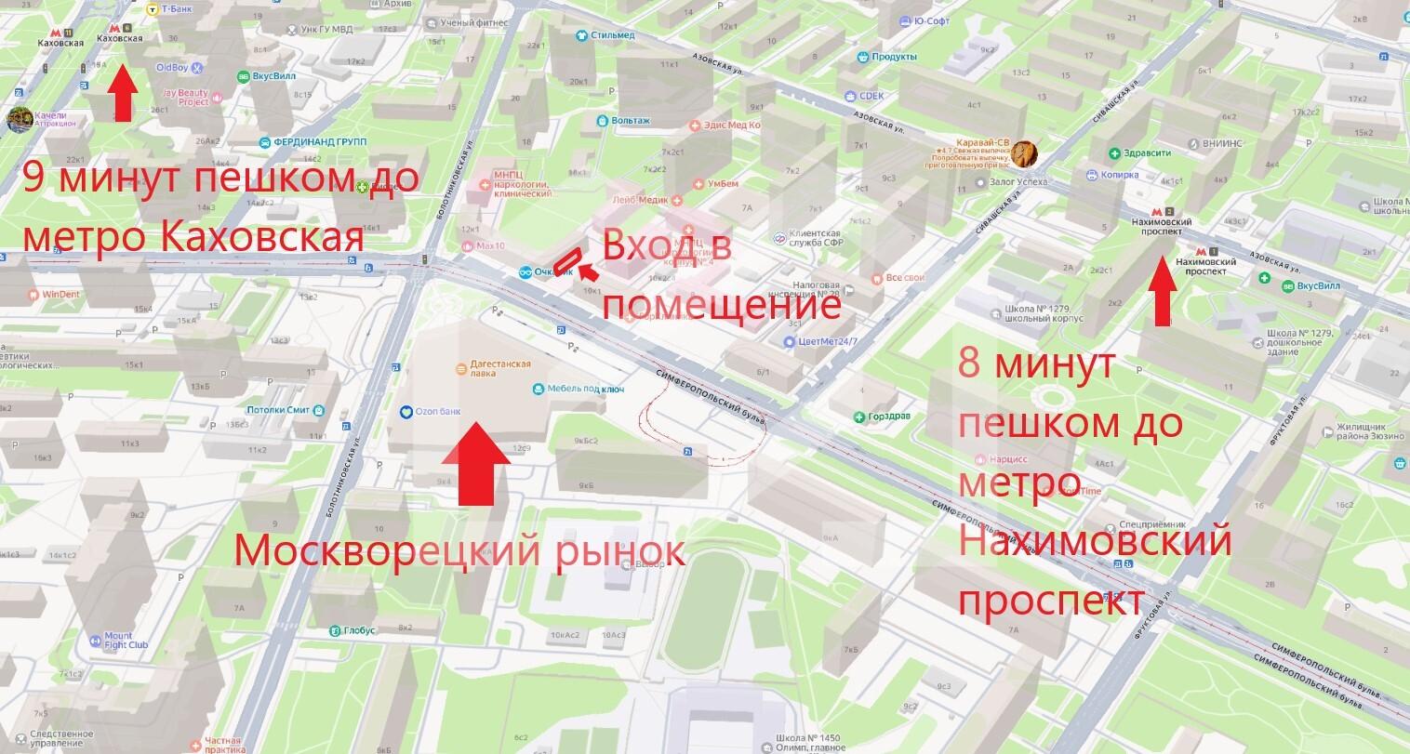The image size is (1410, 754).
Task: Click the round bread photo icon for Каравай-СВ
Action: (1023, 152)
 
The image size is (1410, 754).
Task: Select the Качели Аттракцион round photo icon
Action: (19, 119)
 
